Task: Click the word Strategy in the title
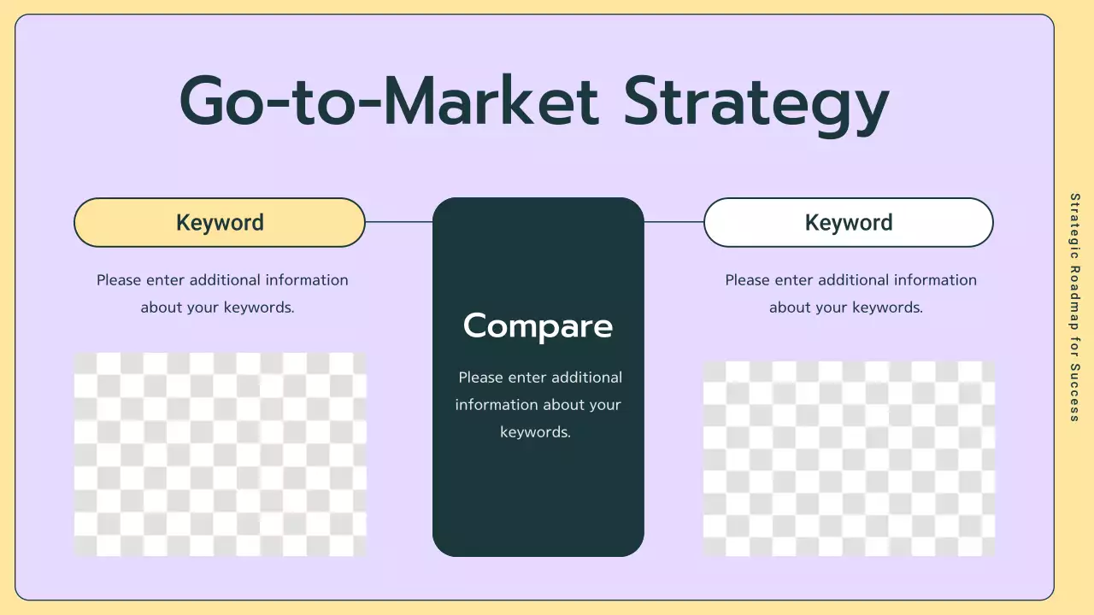[x=756, y=102]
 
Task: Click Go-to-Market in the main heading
[x=389, y=102]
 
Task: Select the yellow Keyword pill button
[x=220, y=223]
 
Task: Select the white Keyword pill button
[x=848, y=223]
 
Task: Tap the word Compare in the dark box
[x=538, y=325]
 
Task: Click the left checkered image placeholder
[x=220, y=454]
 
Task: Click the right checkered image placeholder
[x=848, y=459]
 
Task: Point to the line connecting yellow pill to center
[x=398, y=222]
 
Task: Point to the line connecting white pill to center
[x=673, y=222]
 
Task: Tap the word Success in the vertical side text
[x=1075, y=392]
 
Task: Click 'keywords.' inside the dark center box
[x=535, y=432]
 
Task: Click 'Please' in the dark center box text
[x=480, y=378]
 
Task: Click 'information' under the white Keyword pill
[x=935, y=280]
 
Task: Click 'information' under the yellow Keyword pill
[x=306, y=280]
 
